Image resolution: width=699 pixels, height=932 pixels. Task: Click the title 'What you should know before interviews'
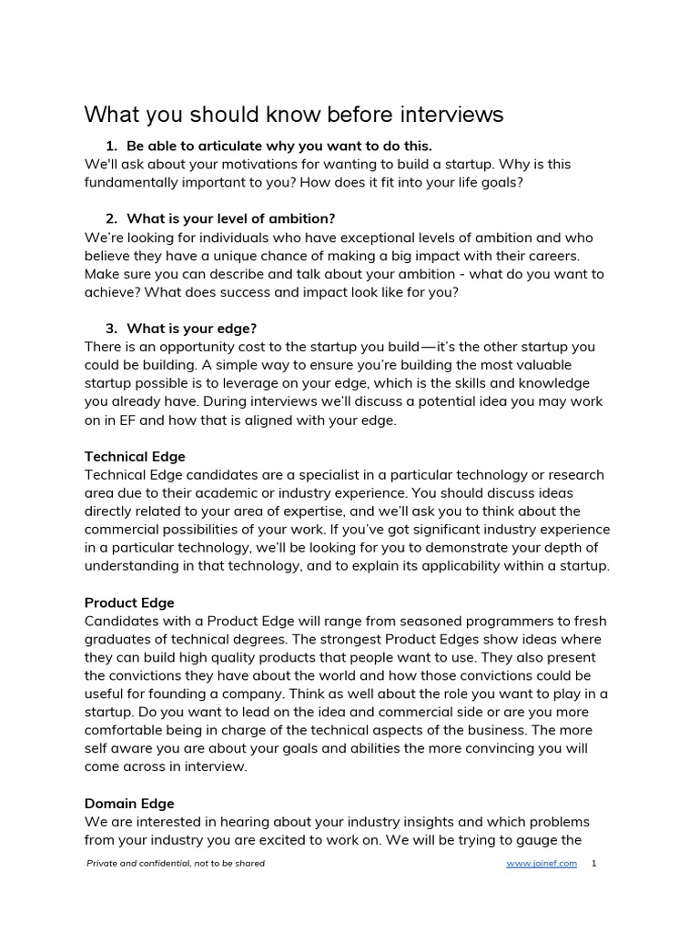click(293, 115)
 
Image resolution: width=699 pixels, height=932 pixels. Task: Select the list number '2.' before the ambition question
click(112, 218)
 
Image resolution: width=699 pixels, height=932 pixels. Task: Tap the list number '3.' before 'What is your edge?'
click(112, 328)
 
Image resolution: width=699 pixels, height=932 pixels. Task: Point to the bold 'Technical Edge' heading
click(135, 456)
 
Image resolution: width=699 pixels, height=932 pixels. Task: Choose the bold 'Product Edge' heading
click(129, 603)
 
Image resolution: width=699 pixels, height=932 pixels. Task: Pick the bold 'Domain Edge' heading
click(129, 804)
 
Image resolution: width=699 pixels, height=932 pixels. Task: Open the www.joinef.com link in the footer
click(542, 864)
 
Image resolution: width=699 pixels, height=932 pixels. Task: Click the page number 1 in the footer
click(594, 864)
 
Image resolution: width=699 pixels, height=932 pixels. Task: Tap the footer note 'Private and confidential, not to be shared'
click(176, 864)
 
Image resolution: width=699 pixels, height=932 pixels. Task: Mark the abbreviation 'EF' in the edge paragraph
click(114, 420)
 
